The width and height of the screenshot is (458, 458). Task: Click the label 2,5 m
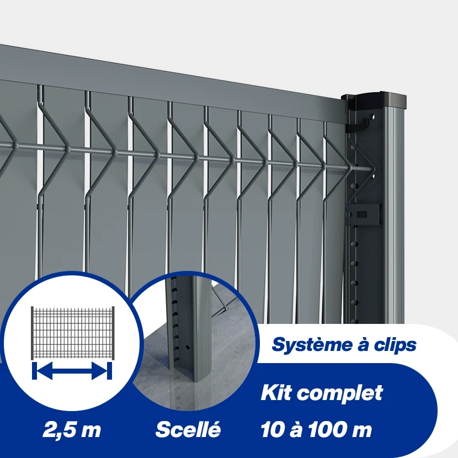(72, 430)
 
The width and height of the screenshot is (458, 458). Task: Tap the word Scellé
(188, 429)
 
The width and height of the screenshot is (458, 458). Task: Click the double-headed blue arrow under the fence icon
(72, 371)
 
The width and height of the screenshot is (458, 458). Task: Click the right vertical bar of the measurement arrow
(110, 371)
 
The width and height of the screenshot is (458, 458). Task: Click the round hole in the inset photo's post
(189, 348)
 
